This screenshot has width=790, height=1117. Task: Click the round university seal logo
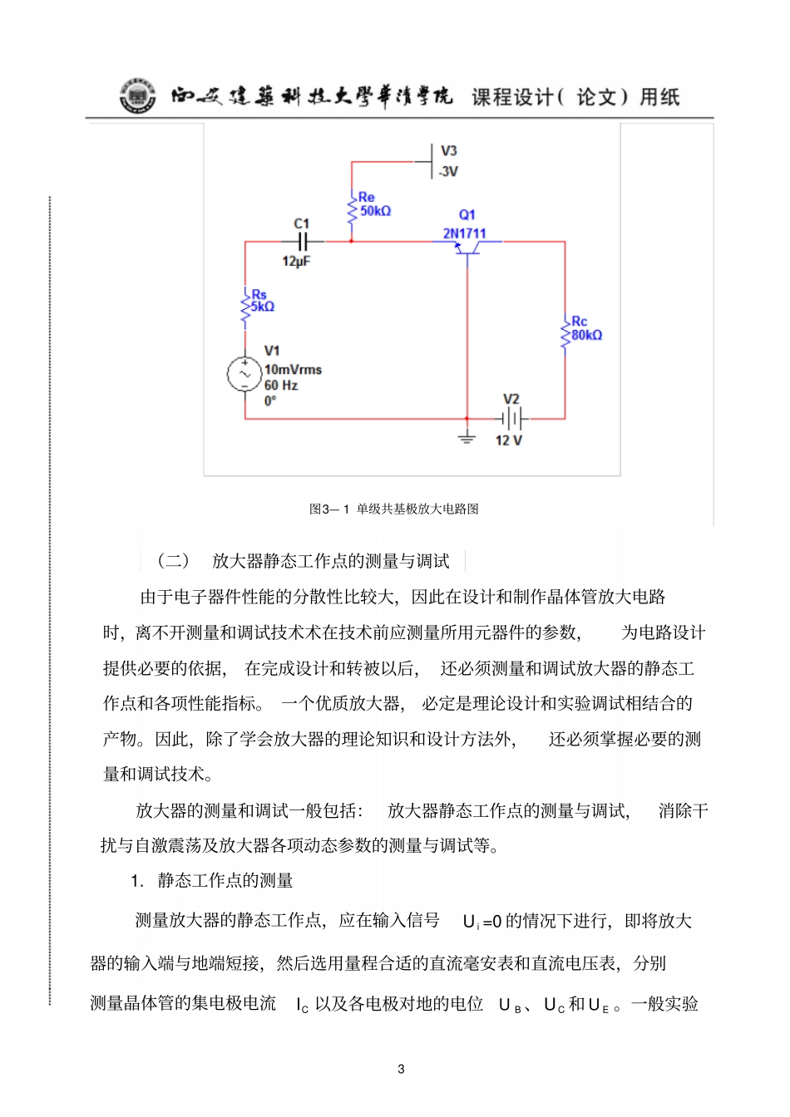coord(137,96)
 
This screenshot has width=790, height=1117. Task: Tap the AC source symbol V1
coord(245,374)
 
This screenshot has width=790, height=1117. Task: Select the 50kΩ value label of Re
coord(375,211)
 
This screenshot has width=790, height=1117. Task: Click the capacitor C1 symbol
coord(303,242)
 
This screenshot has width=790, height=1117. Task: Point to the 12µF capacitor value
coord(296,262)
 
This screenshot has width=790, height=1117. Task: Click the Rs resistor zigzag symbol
coord(245,306)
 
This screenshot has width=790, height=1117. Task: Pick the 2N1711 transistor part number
coord(464,234)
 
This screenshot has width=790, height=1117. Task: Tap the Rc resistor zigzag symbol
coord(565,333)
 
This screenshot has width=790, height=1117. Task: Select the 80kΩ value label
coord(587,335)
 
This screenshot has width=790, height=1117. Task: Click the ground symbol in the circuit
coord(467,437)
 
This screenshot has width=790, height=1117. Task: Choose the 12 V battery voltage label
coord(509,440)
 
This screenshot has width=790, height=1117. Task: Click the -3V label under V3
coord(448,172)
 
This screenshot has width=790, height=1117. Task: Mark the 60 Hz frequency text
coord(281,386)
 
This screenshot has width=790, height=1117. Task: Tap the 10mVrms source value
coord(293,370)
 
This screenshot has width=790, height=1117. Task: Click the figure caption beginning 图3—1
coord(394,509)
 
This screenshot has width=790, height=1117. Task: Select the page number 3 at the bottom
coord(401,1069)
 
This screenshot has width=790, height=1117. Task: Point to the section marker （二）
coord(174,561)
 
